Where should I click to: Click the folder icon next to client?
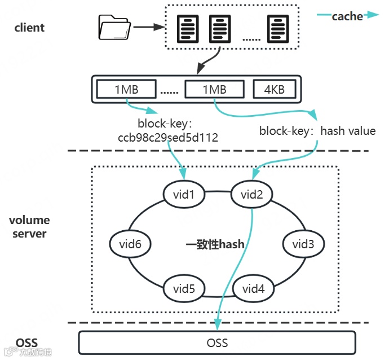coord(114,28)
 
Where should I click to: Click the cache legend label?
coord(347,16)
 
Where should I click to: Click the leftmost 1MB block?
coord(126,89)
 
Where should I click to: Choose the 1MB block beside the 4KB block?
coord(214,89)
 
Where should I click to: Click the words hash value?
coord(347,131)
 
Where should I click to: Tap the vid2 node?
coord(252,195)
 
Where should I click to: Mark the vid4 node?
coord(253,289)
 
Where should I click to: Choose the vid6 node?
coord(130,244)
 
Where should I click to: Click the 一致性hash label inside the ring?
coord(215,244)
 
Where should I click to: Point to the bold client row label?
coord(29,27)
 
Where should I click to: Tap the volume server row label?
coord(29,226)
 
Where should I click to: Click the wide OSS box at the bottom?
coord(217,343)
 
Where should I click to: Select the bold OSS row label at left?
coord(26,343)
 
